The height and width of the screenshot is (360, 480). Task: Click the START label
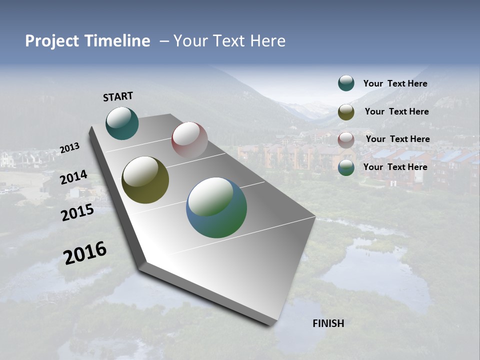click(118, 96)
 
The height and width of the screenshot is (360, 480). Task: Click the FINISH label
click(328, 323)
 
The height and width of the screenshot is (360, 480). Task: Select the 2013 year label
click(69, 148)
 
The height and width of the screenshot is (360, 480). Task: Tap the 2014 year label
click(73, 177)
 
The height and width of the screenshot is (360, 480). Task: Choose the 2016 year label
click(85, 253)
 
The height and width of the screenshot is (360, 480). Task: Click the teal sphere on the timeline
click(122, 123)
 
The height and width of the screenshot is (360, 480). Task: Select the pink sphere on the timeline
click(189, 140)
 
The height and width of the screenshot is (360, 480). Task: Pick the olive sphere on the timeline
click(145, 180)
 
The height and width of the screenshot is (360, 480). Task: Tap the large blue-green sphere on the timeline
click(216, 207)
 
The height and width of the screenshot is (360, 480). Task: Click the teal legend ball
click(346, 83)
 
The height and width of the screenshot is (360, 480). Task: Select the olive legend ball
click(346, 112)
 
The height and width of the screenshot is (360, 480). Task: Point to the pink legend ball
click(346, 139)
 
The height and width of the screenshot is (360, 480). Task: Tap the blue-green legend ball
click(346, 167)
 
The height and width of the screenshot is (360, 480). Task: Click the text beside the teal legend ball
click(395, 83)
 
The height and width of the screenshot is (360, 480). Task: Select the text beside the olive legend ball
click(396, 111)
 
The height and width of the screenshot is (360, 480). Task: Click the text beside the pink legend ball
click(397, 139)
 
